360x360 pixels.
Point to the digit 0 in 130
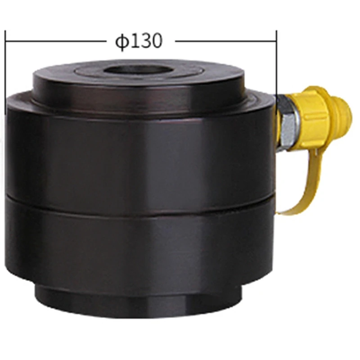(x=157, y=41)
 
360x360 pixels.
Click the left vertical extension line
(x=5, y=72)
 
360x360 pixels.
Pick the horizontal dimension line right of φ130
(x=226, y=41)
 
